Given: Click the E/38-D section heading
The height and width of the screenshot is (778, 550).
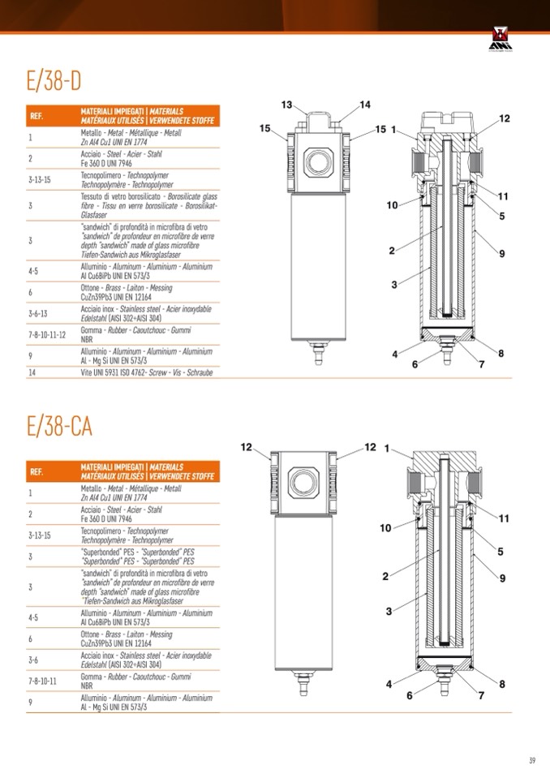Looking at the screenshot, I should [x=54, y=81].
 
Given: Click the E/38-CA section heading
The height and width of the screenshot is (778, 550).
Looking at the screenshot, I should [x=59, y=426].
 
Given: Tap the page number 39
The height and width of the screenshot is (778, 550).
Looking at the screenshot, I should [x=531, y=759].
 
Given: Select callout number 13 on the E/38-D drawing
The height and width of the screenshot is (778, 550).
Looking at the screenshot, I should [x=286, y=105].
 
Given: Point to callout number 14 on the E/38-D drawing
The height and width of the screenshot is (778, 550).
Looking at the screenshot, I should [x=365, y=104].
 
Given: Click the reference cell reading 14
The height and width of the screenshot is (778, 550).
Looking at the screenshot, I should [x=32, y=372].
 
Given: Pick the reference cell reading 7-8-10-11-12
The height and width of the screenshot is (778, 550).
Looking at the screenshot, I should [x=47, y=334].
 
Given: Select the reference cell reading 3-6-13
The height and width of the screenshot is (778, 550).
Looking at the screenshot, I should [x=38, y=313].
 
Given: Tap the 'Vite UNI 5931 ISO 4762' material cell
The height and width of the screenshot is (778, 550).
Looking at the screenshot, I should [x=146, y=372].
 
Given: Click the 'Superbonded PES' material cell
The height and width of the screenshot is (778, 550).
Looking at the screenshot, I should [x=137, y=556].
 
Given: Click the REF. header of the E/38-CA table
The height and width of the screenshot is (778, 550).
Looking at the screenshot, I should [x=37, y=471].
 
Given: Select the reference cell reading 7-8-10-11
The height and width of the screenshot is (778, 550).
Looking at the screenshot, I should [x=42, y=680].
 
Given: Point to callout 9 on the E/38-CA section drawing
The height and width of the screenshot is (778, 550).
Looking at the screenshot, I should [x=503, y=578].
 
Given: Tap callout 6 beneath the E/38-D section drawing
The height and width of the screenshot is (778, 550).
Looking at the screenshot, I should [x=415, y=364].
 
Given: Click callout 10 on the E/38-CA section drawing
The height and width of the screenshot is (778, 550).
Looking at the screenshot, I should [x=385, y=528].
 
